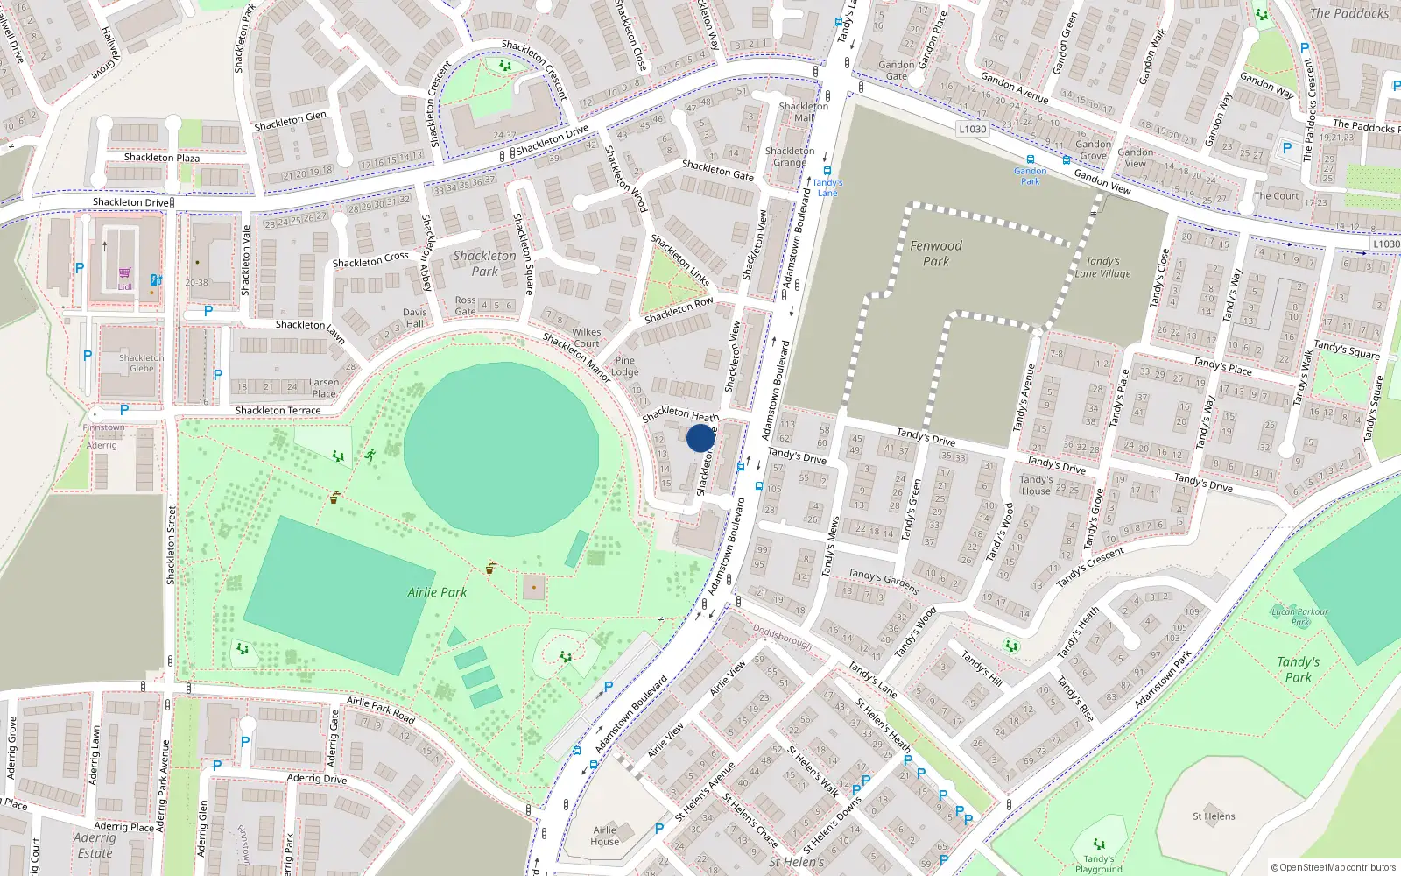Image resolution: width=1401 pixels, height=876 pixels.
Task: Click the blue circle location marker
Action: [700, 438]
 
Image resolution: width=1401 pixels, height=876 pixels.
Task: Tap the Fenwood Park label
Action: [935, 253]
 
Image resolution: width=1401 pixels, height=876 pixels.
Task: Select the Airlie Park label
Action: [437, 592]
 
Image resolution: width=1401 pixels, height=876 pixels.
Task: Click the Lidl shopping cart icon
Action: [125, 273]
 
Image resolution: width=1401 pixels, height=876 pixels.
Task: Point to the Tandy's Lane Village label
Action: [1102, 267]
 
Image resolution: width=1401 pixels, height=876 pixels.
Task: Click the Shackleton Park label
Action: [484, 264]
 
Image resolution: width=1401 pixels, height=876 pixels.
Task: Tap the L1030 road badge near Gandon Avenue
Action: [972, 129]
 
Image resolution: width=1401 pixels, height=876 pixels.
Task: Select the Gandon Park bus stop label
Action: [1030, 176]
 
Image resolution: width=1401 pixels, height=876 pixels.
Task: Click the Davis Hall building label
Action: [414, 317]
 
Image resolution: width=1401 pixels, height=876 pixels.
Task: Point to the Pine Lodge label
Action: [624, 365]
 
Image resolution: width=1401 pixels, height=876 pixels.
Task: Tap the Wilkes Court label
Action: [586, 337]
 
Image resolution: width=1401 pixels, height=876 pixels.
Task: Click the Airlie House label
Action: [604, 836]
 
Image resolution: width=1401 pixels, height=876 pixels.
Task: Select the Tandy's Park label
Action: [1298, 669]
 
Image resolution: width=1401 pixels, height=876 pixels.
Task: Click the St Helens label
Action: [1214, 816]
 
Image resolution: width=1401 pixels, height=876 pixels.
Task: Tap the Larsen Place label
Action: [323, 388]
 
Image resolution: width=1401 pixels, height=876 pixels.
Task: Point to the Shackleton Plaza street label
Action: [161, 158]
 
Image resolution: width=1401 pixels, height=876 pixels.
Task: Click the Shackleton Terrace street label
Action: [278, 410]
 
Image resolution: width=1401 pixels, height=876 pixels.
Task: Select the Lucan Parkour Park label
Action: [1299, 617]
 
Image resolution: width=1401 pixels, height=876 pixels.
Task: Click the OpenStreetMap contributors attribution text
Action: [1334, 867]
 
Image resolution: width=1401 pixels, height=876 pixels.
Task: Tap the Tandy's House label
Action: [1036, 485]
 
